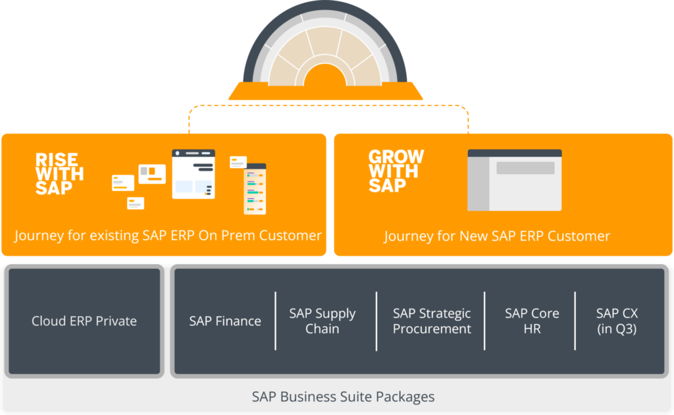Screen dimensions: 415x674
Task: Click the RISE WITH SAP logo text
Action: (59, 173)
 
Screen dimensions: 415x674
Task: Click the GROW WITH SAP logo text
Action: (396, 171)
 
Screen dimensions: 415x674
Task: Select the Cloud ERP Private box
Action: (84, 321)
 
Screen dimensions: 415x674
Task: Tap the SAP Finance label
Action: (225, 321)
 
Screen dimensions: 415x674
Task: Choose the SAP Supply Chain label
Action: (323, 321)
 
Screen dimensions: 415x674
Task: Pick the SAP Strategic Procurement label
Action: (432, 321)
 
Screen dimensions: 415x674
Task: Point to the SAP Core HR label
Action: (532, 321)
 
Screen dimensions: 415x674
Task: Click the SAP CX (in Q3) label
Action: (617, 321)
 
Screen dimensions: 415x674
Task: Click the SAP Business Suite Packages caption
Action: (343, 397)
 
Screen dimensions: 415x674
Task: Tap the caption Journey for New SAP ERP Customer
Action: (497, 236)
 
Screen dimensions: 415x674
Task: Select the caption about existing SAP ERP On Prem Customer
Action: (168, 235)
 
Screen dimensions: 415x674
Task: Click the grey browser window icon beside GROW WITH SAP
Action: (514, 180)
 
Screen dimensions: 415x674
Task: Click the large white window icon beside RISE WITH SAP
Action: (194, 174)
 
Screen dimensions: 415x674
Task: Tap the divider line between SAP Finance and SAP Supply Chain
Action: (276, 321)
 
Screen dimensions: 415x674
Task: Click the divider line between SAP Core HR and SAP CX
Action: (575, 321)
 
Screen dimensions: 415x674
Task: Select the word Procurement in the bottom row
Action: (432, 329)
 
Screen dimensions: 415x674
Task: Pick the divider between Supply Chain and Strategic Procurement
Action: (376, 321)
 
